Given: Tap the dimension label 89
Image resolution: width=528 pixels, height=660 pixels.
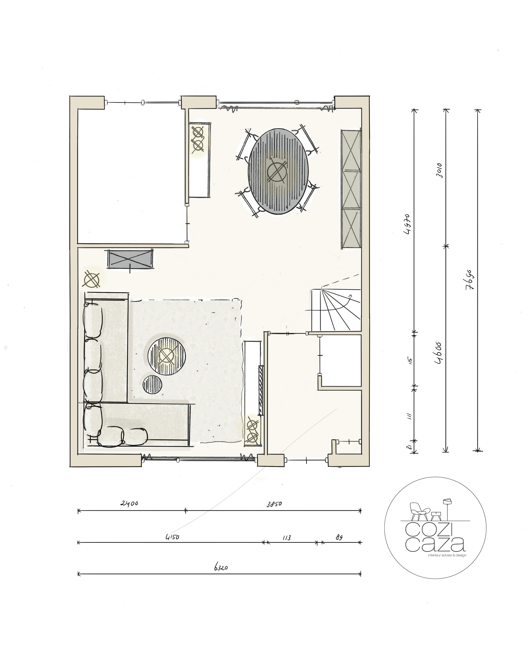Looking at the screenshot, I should point(339,536).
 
